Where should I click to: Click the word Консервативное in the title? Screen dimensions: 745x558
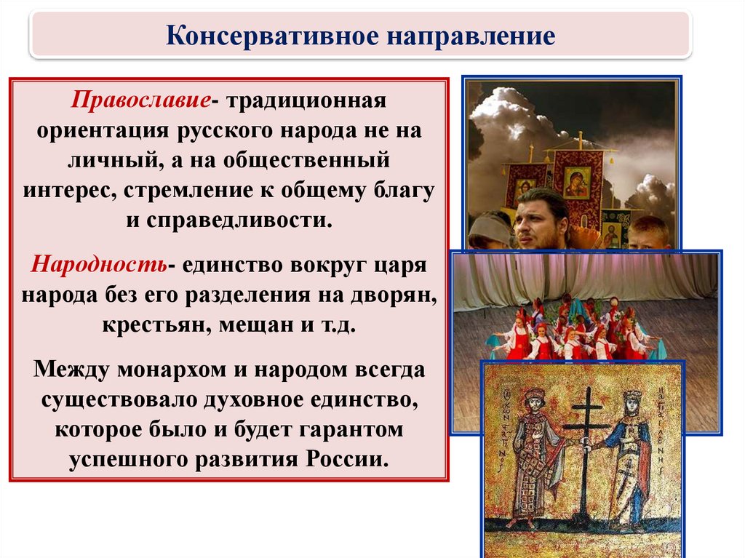(x=272, y=36)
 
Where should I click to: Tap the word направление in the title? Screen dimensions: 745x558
(x=471, y=36)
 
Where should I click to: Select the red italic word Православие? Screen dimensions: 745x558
(x=141, y=101)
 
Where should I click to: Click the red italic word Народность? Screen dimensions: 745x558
(x=99, y=264)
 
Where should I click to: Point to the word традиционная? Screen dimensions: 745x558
(x=306, y=101)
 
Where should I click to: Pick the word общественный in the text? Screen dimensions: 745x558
(x=306, y=161)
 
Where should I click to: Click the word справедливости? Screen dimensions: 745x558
(x=239, y=220)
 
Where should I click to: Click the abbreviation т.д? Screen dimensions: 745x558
(x=338, y=325)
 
